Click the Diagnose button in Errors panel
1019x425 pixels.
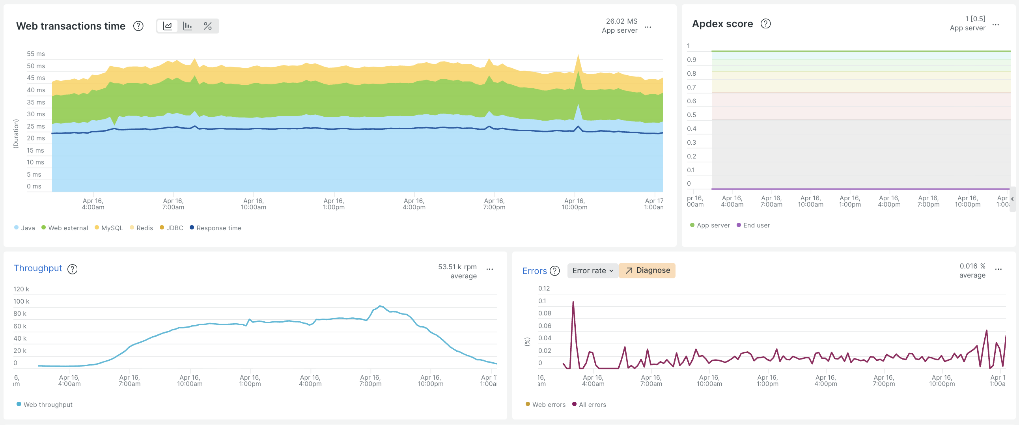point(647,270)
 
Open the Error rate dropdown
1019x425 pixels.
point(593,270)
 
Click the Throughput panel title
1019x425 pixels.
point(38,268)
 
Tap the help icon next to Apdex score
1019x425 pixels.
point(766,24)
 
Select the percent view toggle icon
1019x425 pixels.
point(208,26)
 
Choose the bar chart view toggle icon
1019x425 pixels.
point(187,26)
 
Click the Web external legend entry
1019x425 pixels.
point(65,228)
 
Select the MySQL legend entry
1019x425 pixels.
point(109,228)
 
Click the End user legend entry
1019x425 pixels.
point(753,225)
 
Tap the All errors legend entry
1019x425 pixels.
point(589,404)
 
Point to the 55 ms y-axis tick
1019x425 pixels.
point(36,54)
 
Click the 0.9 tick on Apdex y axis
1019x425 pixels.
point(691,60)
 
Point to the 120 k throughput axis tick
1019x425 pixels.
point(21,289)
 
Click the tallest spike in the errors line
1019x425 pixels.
point(573,302)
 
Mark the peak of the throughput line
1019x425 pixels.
point(380,306)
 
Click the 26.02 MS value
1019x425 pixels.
point(621,21)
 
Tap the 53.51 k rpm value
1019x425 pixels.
point(457,267)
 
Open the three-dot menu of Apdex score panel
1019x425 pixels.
point(996,25)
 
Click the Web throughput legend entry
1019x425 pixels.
point(44,404)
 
